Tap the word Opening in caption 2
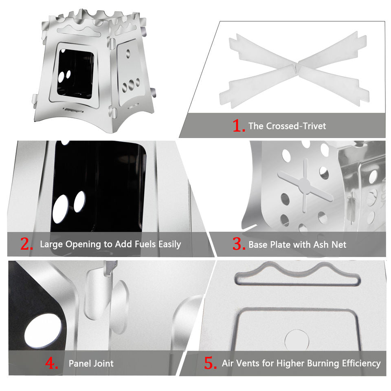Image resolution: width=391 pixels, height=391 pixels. pyautogui.click(x=83, y=244)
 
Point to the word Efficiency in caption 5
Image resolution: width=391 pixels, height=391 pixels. pyautogui.click(x=361, y=364)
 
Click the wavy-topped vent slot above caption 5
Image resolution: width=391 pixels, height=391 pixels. pyautogui.click(x=298, y=274)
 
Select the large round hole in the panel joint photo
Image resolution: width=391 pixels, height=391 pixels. pyautogui.click(x=43, y=331)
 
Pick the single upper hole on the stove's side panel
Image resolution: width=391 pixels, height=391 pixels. pyautogui.click(x=128, y=53)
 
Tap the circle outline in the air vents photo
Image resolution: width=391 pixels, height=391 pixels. pyautogui.click(x=297, y=340)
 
